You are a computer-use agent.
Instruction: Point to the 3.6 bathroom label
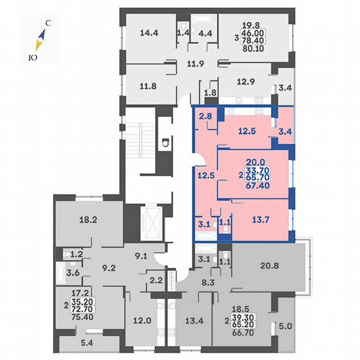click(65, 274)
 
